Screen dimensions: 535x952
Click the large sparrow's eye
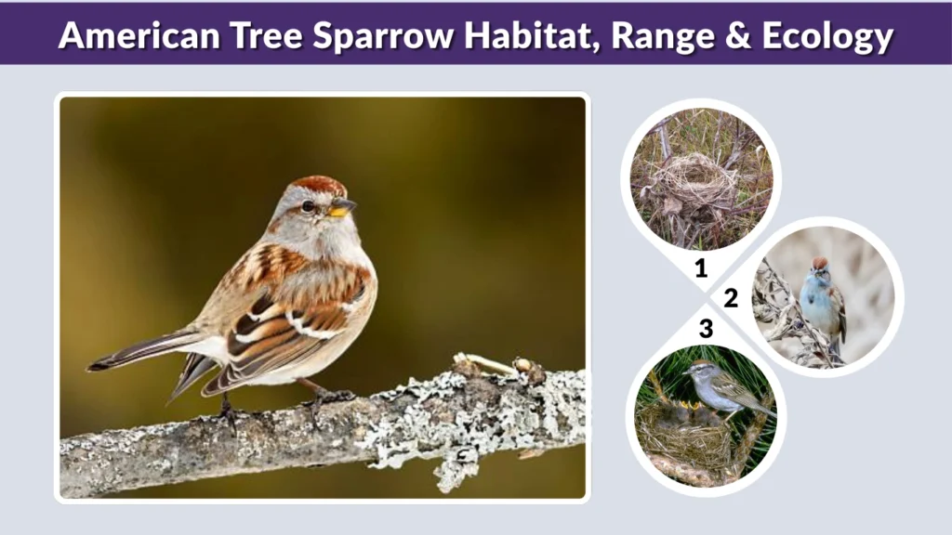pos(307,206)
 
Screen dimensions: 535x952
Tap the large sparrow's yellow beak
pos(341,208)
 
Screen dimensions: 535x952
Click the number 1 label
pos(701,269)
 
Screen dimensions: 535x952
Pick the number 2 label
pos(731,298)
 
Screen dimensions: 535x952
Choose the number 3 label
pos(706,328)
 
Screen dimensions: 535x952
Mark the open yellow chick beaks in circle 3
pos(694,406)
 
